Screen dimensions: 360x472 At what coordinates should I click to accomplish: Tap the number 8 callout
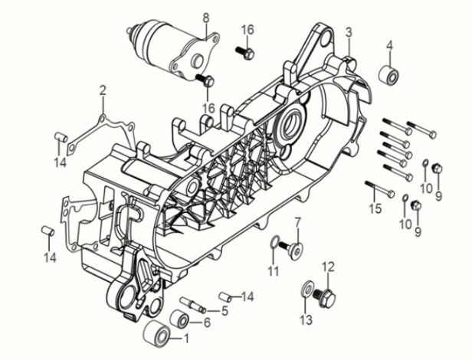pyautogui.click(x=205, y=17)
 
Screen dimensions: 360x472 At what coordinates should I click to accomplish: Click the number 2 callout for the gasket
pyautogui.click(x=103, y=91)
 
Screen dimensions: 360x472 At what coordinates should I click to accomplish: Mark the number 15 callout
pyautogui.click(x=375, y=208)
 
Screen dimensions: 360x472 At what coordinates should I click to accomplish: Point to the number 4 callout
pyautogui.click(x=389, y=44)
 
